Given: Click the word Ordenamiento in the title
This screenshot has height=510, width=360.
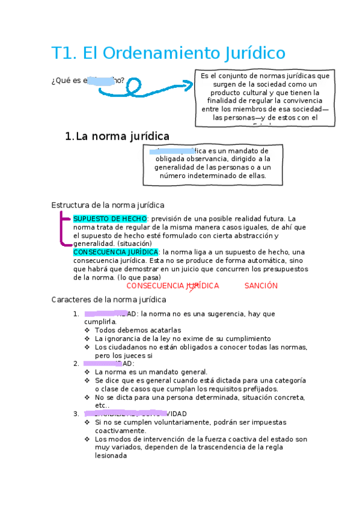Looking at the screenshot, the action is [160, 54].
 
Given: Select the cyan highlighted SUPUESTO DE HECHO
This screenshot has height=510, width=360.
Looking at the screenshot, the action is [109, 218].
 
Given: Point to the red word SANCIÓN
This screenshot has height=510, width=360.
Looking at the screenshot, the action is [261, 286].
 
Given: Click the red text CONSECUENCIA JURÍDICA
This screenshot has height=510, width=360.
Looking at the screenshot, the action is [172, 286].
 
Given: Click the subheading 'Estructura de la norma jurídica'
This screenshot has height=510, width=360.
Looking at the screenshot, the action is [108, 205].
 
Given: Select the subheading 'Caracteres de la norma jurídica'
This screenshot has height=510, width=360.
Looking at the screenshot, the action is [109, 299].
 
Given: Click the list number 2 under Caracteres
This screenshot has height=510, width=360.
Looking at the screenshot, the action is [76, 363].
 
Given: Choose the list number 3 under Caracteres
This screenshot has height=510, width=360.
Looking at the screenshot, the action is [76, 414].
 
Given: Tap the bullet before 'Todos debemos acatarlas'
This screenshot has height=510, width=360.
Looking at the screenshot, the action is [88, 330].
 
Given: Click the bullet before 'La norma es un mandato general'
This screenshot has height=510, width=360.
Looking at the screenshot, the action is [88, 372].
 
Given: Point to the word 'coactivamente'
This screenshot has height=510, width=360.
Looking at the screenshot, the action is [119, 431].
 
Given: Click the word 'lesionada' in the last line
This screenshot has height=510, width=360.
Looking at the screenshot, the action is [111, 456].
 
